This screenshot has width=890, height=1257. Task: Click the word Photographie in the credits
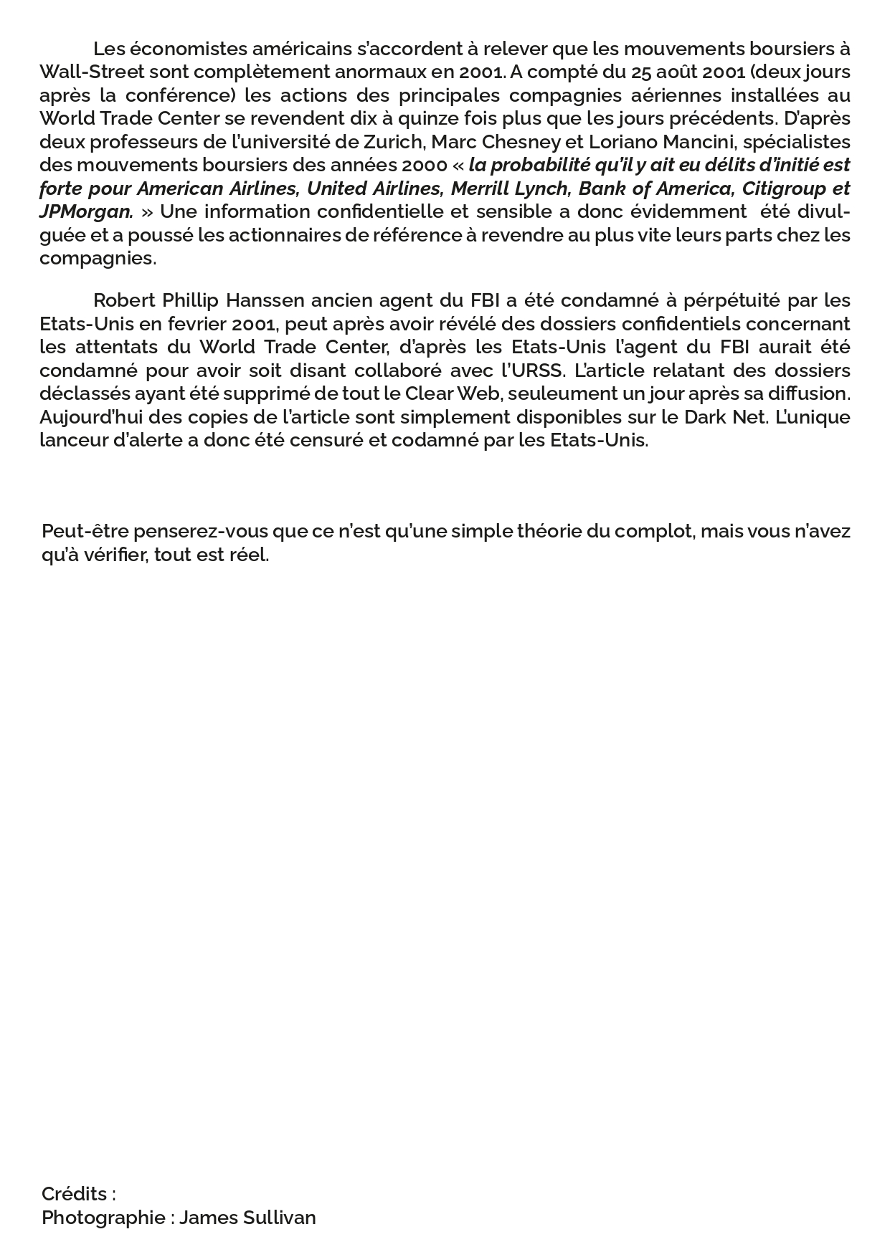(103, 1218)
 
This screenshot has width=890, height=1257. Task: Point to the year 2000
(424, 165)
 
